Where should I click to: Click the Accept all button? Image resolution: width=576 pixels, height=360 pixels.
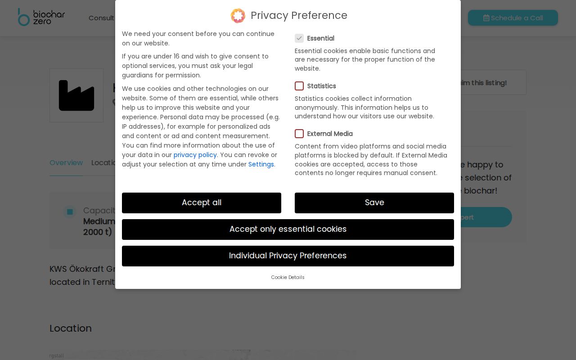(201, 203)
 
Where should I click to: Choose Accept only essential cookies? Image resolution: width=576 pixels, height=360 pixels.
(288, 229)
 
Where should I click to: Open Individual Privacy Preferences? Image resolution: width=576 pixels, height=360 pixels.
(288, 256)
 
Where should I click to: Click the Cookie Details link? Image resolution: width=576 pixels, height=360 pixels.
(288, 277)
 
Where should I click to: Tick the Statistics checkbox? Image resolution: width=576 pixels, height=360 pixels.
(299, 86)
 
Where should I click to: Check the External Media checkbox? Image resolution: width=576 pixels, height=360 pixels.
(299, 134)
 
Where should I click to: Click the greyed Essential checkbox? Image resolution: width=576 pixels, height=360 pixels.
(299, 38)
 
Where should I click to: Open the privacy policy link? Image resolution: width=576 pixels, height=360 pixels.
(195, 155)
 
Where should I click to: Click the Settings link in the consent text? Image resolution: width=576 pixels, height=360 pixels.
(261, 164)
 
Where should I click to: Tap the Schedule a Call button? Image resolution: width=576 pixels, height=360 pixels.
(513, 18)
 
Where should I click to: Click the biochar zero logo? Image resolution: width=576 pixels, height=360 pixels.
(41, 17)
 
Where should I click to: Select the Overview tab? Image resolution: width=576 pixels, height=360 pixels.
(66, 163)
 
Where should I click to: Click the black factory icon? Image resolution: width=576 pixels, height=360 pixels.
(76, 95)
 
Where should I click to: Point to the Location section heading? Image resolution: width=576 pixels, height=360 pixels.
(71, 328)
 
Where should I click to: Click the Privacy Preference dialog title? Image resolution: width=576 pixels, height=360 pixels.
(299, 15)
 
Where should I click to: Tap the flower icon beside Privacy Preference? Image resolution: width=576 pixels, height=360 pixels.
(238, 16)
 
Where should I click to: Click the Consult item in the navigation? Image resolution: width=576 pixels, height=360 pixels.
(101, 18)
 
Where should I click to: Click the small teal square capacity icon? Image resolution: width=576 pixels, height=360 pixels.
(70, 211)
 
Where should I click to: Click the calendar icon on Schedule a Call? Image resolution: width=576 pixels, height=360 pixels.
(486, 18)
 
